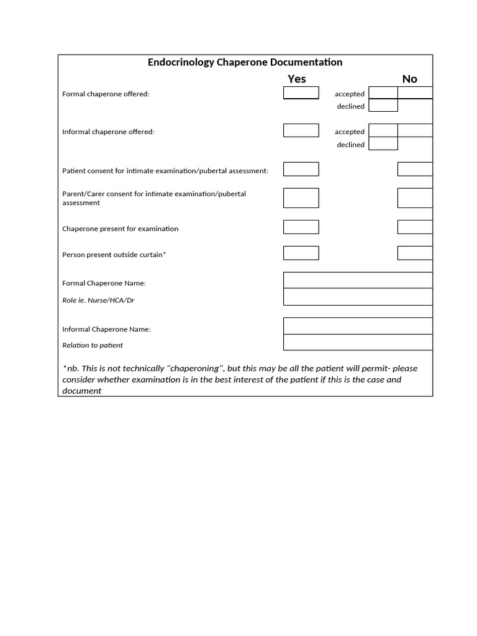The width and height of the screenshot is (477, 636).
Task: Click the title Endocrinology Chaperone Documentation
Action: point(245,62)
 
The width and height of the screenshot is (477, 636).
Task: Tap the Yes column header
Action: point(297,79)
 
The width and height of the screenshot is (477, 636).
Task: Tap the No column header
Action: point(409,79)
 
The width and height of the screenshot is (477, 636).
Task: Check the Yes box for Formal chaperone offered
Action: point(301,93)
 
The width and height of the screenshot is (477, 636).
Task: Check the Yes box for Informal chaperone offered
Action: point(301,131)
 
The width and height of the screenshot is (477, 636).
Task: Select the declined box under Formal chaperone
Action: point(383,106)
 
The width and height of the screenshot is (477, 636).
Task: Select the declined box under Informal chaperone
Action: point(383,144)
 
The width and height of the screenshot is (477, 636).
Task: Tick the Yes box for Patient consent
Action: point(301,170)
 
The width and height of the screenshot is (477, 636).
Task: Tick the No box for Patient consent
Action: point(415,170)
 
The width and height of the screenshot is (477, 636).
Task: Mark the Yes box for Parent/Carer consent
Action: point(301,198)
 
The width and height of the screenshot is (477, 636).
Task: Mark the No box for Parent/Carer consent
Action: point(415,198)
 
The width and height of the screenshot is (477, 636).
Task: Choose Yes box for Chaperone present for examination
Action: point(301,227)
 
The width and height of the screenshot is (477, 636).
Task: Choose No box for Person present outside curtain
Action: point(415,253)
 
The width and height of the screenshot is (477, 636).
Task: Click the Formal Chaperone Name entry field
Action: point(358,280)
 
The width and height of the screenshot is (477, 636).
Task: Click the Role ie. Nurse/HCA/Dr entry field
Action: point(358,297)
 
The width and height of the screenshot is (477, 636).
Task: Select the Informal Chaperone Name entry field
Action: point(358,326)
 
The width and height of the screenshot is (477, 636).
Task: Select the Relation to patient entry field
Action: point(358,342)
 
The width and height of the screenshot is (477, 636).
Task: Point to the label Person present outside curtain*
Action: point(114,255)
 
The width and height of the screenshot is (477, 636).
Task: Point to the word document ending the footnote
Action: point(82,391)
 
